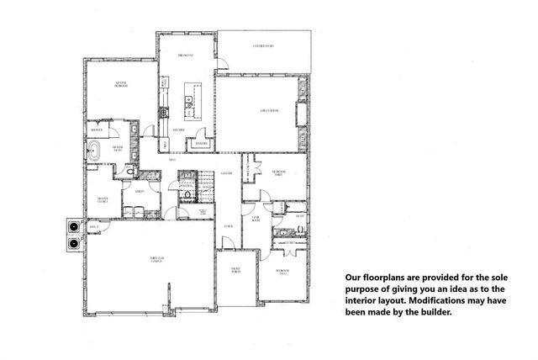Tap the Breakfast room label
[x=185, y=56]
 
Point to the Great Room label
[x=268, y=111]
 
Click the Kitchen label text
[x=178, y=131]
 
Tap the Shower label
[x=97, y=130]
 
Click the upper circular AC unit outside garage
[x=73, y=227]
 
